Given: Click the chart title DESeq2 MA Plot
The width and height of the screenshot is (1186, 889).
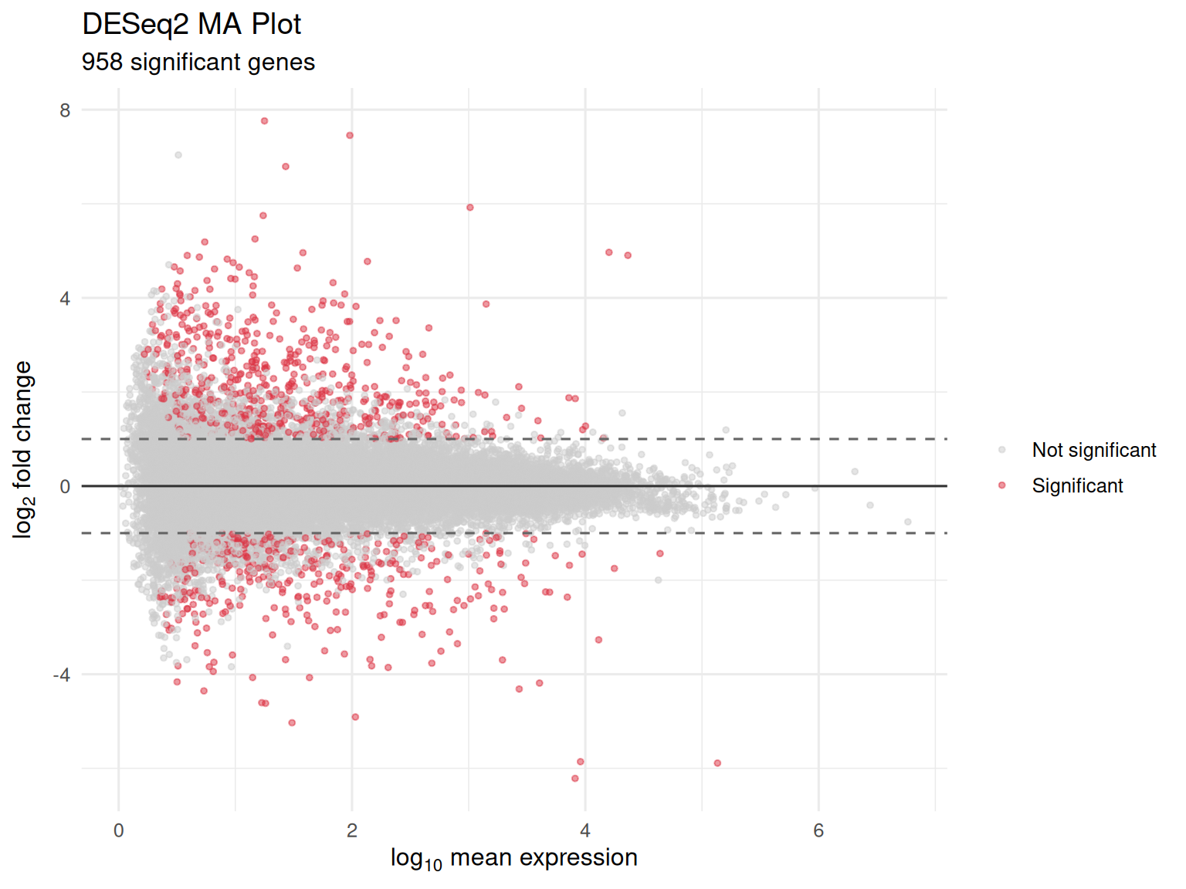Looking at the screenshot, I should pyautogui.click(x=191, y=25).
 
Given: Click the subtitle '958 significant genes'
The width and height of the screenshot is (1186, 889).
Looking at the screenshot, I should pyautogui.click(x=198, y=62).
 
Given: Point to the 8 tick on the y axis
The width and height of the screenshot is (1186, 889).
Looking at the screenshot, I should pyautogui.click(x=65, y=110).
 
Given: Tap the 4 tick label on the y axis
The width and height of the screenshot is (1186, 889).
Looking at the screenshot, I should pyautogui.click(x=65, y=299).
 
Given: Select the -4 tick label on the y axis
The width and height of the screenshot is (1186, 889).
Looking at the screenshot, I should pyautogui.click(x=61, y=675).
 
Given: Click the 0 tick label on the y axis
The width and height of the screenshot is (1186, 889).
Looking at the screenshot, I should pyautogui.click(x=65, y=487).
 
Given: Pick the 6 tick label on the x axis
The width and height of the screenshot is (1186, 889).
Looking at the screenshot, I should pyautogui.click(x=818, y=830).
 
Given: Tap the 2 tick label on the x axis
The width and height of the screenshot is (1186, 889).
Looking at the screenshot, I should pyautogui.click(x=352, y=830).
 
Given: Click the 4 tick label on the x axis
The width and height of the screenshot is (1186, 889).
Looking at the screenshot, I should pyautogui.click(x=585, y=830).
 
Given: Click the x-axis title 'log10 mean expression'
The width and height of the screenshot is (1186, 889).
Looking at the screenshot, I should pyautogui.click(x=513, y=858).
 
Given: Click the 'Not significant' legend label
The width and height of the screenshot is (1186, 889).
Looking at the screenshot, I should pyautogui.click(x=1093, y=450).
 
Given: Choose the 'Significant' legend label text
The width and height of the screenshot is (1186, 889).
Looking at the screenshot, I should pyautogui.click(x=1077, y=485).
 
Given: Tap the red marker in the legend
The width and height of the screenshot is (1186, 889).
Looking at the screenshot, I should pyautogui.click(x=1001, y=485).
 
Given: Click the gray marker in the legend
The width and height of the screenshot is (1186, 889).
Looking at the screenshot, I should pyautogui.click(x=1001, y=450).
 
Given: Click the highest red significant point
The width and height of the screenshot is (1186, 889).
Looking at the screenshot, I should pyautogui.click(x=264, y=121).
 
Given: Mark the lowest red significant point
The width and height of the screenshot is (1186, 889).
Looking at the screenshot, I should pyautogui.click(x=574, y=778).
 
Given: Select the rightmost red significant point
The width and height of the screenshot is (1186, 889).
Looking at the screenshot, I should pyautogui.click(x=717, y=763).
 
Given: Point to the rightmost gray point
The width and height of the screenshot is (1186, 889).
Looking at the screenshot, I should pyautogui.click(x=907, y=522).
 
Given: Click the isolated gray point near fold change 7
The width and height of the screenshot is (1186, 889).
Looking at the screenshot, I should pyautogui.click(x=178, y=155).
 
